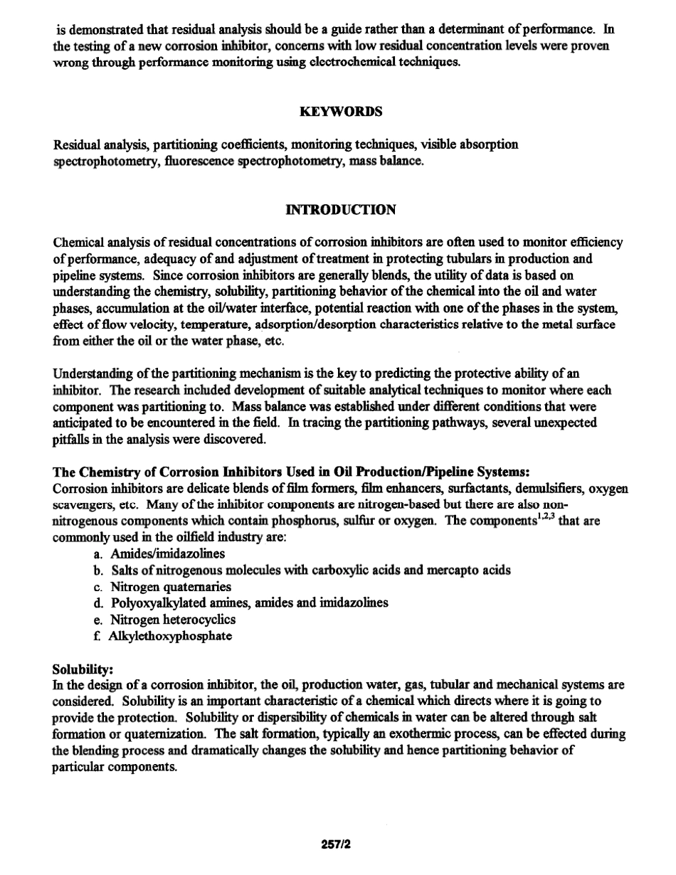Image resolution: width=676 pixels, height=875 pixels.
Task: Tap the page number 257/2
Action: coord(337,844)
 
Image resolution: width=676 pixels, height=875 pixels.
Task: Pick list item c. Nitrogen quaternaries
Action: coord(162,587)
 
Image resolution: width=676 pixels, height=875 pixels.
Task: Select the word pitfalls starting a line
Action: coord(70,440)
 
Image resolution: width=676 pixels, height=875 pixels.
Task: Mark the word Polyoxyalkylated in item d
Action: coord(157,603)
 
